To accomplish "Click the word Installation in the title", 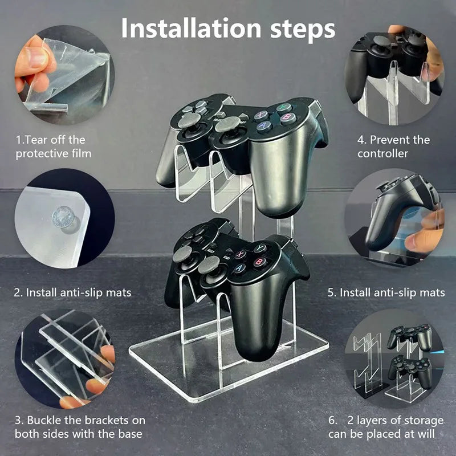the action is tap(191, 28).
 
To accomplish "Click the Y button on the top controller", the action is tap(283, 107).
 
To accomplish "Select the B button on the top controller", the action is tap(288, 118).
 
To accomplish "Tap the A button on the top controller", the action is tap(264, 126).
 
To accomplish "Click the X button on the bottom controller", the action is tap(241, 254).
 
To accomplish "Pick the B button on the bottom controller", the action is tap(259, 262).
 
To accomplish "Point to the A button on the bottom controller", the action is tap(239, 268).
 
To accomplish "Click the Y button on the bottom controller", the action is tap(260, 248).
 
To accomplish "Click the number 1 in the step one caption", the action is tap(18, 140).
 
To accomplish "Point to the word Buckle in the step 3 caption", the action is tap(44, 420).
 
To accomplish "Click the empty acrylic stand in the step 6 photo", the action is tap(367, 364).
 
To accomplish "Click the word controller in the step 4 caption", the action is tap(382, 153).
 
